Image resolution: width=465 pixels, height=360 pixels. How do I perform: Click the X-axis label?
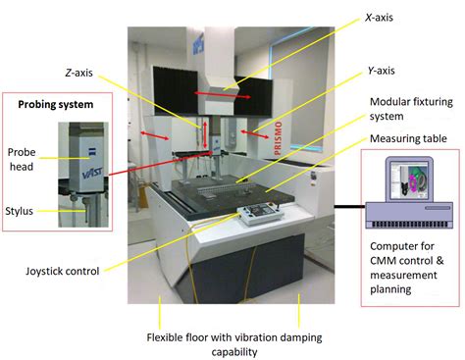tap(379, 18)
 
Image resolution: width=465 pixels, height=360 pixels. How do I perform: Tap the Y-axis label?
tap(381, 71)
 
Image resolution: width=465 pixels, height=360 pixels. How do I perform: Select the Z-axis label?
tap(78, 73)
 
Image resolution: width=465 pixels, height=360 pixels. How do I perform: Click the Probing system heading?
tap(56, 105)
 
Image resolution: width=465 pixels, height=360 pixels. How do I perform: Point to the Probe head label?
tap(22, 159)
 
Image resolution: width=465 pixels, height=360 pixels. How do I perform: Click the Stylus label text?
tap(19, 211)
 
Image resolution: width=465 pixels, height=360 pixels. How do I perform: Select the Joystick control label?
tap(62, 271)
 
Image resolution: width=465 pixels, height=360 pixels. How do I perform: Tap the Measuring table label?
tap(408, 138)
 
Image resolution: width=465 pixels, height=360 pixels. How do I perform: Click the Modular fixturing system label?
tap(411, 109)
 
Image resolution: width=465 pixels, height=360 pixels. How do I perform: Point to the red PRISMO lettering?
tap(278, 138)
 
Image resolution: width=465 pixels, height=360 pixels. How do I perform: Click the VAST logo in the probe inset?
tap(92, 173)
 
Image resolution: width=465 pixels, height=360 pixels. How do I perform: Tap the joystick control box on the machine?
tap(261, 213)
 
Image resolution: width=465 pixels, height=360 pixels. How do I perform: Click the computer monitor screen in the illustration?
tap(409, 181)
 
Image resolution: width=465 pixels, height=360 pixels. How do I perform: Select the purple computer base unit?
tap(409, 215)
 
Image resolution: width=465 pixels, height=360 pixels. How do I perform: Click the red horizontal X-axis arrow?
tap(223, 95)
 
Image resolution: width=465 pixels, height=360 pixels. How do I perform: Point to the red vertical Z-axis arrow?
tap(205, 135)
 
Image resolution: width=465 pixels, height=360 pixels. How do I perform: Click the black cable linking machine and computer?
tap(349, 206)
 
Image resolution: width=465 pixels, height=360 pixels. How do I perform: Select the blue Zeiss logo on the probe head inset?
tap(92, 152)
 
